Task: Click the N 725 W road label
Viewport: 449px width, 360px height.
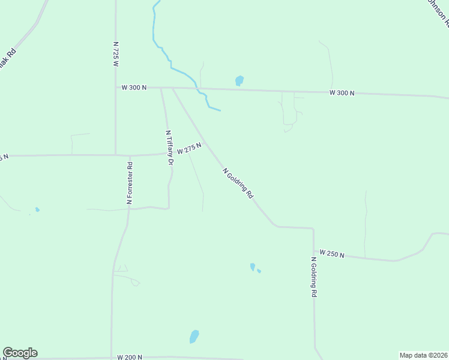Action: pyautogui.click(x=116, y=54)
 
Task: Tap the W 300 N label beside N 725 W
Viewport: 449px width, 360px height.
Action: pyautogui.click(x=134, y=88)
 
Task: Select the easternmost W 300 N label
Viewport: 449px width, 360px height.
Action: pyautogui.click(x=342, y=93)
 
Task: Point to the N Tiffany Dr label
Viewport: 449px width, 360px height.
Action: pyautogui.click(x=169, y=148)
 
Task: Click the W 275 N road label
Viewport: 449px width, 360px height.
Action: pyautogui.click(x=188, y=148)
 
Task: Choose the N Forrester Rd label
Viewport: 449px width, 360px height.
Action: pyautogui.click(x=129, y=183)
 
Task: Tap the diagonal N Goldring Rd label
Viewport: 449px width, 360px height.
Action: pyautogui.click(x=238, y=184)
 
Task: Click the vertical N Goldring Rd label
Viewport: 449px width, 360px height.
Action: pyautogui.click(x=313, y=277)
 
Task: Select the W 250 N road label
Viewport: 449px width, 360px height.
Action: pyautogui.click(x=332, y=254)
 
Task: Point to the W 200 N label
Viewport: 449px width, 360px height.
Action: pyautogui.click(x=130, y=357)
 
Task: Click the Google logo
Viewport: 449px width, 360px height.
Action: pyautogui.click(x=20, y=353)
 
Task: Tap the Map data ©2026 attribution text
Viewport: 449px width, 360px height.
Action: pyautogui.click(x=423, y=355)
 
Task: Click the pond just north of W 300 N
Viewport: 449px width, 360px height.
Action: pyautogui.click(x=239, y=80)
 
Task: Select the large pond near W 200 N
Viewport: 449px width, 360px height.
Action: pyautogui.click(x=194, y=337)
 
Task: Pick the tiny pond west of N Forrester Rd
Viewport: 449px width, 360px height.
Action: pyautogui.click(x=37, y=209)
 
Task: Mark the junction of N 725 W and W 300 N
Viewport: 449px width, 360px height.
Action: pyautogui.click(x=116, y=88)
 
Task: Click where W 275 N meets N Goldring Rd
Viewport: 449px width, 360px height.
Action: pyautogui.click(x=205, y=143)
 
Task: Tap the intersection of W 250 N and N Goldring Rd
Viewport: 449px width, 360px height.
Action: pyautogui.click(x=313, y=251)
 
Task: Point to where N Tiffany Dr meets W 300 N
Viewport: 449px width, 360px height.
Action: pyautogui.click(x=161, y=88)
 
